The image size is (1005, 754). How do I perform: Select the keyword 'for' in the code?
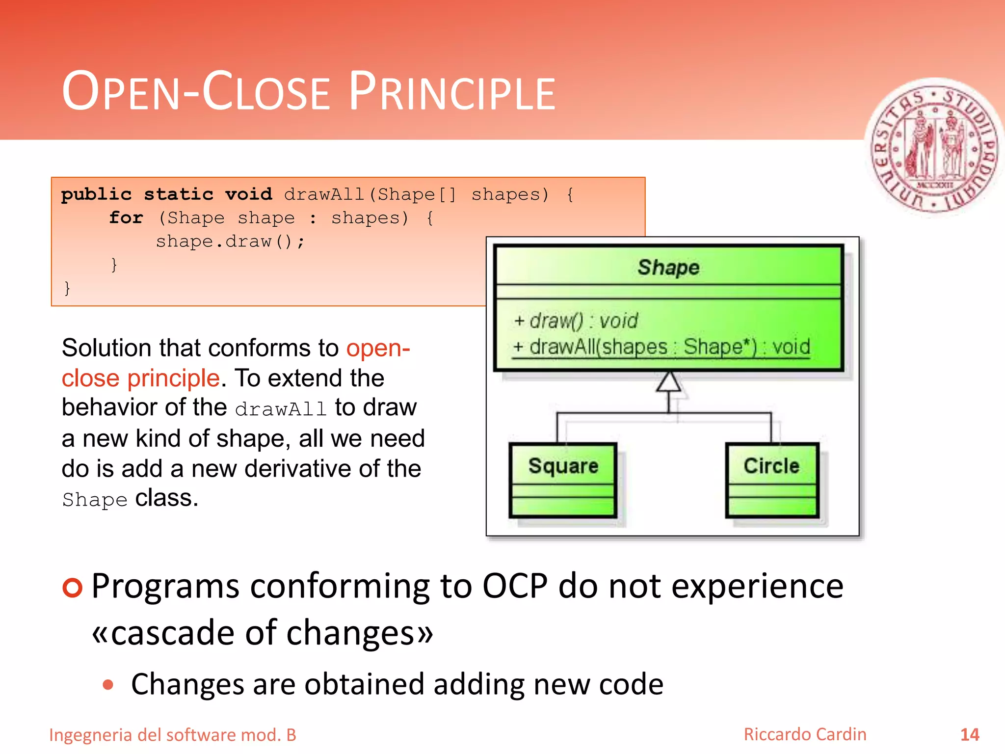coord(126,217)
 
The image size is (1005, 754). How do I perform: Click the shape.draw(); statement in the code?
coord(230,242)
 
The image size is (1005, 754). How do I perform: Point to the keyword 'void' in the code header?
coord(248,194)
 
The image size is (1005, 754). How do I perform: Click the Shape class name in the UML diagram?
coord(668,268)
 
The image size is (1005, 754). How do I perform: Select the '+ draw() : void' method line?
coord(576,321)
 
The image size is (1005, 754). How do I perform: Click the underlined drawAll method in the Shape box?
coord(661,347)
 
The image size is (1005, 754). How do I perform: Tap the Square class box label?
coord(563,465)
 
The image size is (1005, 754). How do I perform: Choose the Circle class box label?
coord(771,465)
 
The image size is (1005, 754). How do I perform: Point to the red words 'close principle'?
coord(140,378)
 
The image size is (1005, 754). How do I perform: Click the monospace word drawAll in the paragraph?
coord(281,409)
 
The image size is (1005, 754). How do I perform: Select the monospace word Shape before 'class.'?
coord(95,500)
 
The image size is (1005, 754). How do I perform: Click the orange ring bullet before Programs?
coord(73,587)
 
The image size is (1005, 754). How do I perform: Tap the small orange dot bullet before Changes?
coord(108,685)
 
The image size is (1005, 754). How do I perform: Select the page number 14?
coord(969,734)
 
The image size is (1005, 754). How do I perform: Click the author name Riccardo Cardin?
coord(805,734)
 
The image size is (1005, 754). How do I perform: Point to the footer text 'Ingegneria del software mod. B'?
coord(173,735)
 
